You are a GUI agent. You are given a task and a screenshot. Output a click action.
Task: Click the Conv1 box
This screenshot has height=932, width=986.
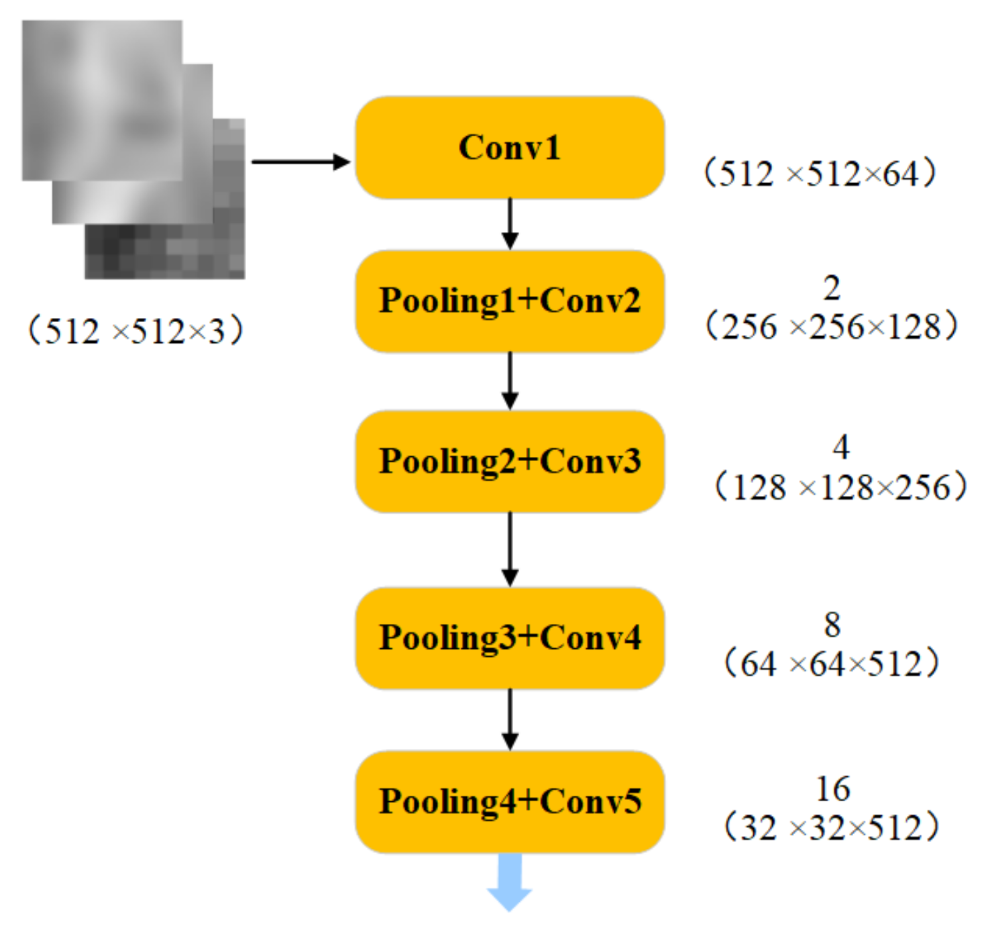click(x=510, y=148)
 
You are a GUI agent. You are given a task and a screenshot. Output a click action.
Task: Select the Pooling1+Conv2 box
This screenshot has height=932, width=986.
click(x=510, y=301)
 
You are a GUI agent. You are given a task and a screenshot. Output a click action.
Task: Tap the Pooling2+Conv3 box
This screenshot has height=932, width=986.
click(x=510, y=462)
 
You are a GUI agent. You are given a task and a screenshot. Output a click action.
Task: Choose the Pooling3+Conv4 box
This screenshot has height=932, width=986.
click(x=510, y=638)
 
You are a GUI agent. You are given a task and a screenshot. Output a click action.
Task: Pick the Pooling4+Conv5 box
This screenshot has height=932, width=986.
click(x=510, y=802)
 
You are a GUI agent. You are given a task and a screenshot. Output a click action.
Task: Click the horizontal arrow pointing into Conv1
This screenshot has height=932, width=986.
click(x=300, y=162)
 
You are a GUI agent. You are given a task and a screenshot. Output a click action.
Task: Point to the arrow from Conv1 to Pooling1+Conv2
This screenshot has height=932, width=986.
click(x=510, y=223)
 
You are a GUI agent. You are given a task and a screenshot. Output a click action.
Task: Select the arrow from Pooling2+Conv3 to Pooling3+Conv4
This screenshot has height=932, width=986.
click(x=510, y=549)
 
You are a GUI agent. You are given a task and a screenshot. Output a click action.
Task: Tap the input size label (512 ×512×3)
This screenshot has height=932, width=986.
click(x=134, y=331)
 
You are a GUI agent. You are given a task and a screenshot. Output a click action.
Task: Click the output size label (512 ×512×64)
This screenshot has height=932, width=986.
click(x=819, y=174)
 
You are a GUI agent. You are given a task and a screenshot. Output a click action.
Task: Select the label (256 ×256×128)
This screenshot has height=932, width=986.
click(x=832, y=327)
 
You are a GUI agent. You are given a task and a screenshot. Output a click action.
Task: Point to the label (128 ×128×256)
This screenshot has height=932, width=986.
click(x=841, y=487)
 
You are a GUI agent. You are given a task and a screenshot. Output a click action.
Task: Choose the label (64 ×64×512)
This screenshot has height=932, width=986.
click(x=832, y=664)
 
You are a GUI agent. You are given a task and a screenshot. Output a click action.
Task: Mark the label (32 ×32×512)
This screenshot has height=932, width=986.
click(x=832, y=828)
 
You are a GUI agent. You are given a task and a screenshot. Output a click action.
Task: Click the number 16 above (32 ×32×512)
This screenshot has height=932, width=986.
click(x=833, y=789)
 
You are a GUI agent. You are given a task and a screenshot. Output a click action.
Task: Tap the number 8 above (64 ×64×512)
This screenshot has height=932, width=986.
click(x=832, y=625)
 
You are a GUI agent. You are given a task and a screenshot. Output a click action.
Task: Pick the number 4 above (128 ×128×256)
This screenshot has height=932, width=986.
click(x=841, y=447)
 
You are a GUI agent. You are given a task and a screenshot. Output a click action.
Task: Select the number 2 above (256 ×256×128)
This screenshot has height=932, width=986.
click(x=832, y=289)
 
